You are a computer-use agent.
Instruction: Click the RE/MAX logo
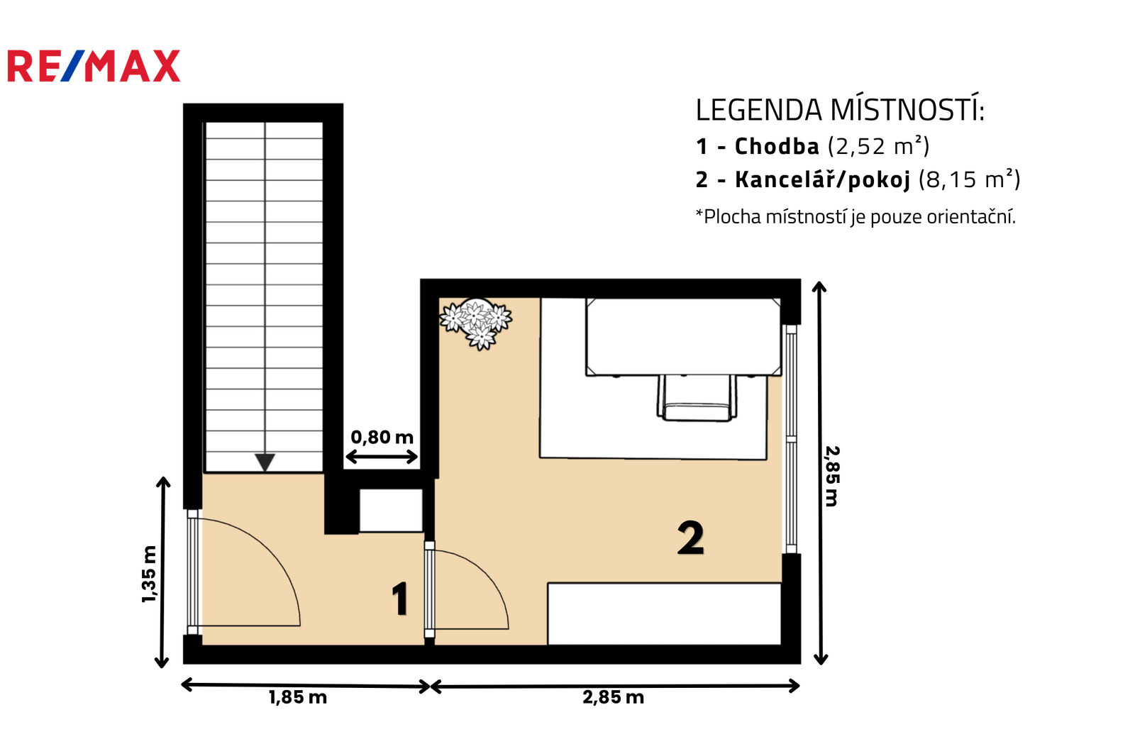tap(94, 66)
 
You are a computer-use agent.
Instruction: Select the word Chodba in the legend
tap(777, 146)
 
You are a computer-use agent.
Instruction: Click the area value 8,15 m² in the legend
tap(969, 179)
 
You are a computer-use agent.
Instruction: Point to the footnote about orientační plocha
tap(856, 217)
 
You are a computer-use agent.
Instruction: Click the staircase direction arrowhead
tap(265, 462)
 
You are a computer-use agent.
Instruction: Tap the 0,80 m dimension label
tap(382, 437)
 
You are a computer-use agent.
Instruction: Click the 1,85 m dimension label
tap(298, 698)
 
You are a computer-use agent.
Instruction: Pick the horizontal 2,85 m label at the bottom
tap(613, 698)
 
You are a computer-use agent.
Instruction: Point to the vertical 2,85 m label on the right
tap(832, 477)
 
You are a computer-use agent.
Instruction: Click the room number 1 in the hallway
tap(400, 599)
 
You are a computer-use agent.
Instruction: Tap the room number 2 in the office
tap(691, 538)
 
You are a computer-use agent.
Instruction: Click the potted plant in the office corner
tap(476, 323)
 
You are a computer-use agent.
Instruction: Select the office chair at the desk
tap(697, 399)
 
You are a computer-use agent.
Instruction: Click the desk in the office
tap(684, 337)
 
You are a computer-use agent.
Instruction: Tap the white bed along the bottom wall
tap(664, 614)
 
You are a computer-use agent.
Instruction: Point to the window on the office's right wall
tap(791, 439)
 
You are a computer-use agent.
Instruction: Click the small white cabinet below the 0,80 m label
tap(391, 510)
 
